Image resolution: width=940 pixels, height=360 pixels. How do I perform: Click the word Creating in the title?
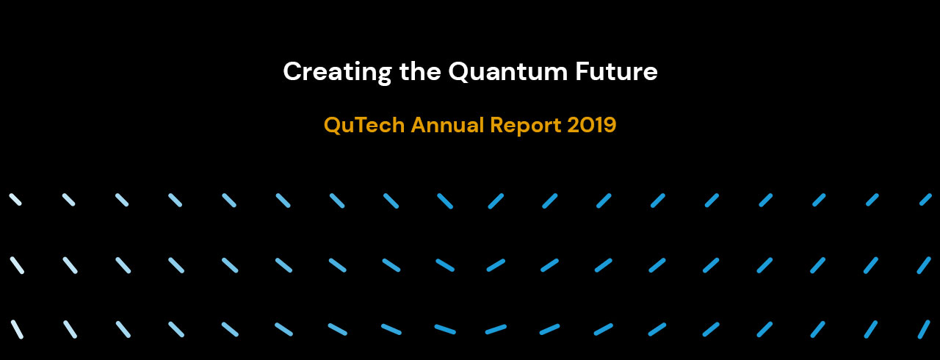[x=337, y=72]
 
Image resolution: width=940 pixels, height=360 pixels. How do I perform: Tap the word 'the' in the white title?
[x=420, y=71]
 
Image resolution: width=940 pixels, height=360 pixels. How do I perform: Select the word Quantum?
[x=507, y=71]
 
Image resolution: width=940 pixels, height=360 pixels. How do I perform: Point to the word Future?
[x=616, y=71]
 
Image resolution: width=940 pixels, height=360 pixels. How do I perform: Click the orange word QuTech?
[x=364, y=125]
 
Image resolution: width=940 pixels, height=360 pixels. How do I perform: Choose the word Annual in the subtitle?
[x=447, y=125]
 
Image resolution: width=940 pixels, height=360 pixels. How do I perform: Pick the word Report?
[x=525, y=126]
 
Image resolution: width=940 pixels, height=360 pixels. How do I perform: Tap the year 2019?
[x=592, y=125]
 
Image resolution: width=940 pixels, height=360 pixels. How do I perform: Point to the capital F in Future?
[x=582, y=71]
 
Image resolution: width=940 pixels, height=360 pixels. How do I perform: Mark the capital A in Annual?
[x=419, y=125]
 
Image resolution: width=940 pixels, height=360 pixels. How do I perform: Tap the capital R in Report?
[x=497, y=125]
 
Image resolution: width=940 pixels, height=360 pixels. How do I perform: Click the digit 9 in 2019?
[x=610, y=125]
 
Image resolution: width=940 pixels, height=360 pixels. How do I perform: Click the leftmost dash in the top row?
[x=15, y=200]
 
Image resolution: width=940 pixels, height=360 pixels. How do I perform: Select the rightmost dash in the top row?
[x=926, y=200]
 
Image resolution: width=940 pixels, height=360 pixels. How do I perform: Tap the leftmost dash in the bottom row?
[x=17, y=329]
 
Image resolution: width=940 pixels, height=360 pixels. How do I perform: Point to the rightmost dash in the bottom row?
[x=924, y=329]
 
